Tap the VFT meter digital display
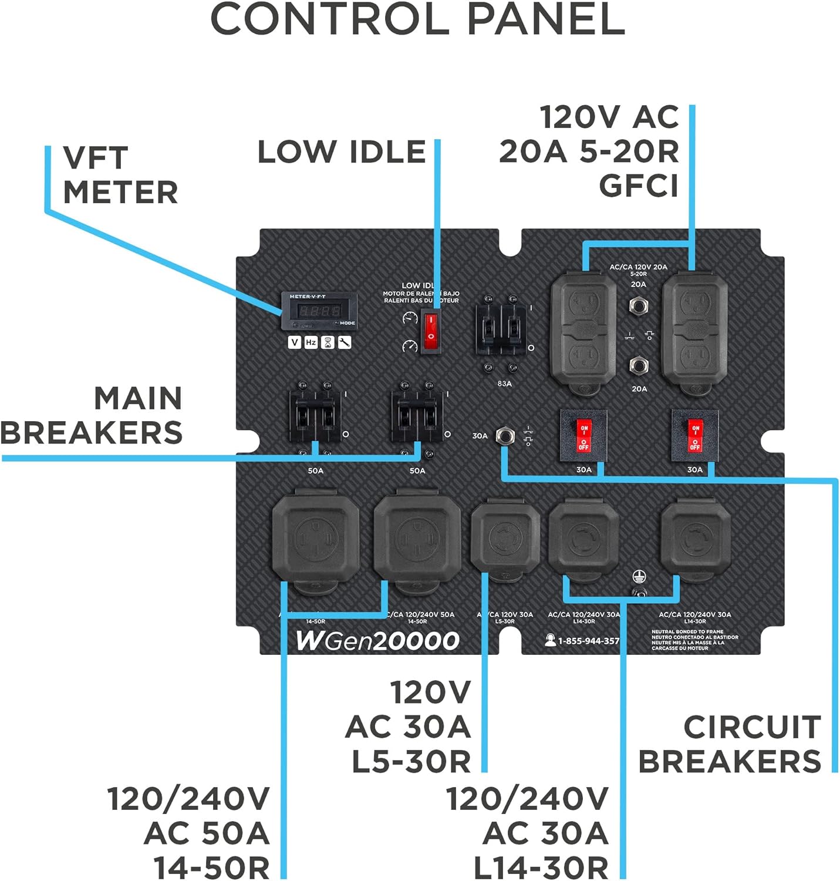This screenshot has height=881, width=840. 318,311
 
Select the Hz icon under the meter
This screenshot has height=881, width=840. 311,342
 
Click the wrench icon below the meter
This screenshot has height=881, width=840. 344,342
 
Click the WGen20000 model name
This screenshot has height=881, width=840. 377,641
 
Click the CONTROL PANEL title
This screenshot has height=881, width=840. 417,19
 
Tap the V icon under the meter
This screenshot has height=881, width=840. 295,342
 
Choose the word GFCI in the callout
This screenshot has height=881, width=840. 638,186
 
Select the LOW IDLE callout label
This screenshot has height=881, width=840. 342,152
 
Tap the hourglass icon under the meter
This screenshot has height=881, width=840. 328,342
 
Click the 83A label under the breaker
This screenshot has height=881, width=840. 504,384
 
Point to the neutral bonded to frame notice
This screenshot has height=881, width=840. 694,640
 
